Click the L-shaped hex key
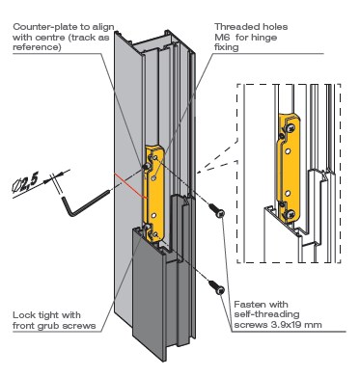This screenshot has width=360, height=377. pos(84,204)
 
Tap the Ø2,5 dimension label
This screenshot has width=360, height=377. pos(25,184)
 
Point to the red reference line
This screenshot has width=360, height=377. pos(130,186)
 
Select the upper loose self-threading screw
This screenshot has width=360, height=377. pos(216,210)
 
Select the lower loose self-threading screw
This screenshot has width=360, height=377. pos(216,286)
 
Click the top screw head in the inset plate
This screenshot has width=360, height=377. pos(291,128)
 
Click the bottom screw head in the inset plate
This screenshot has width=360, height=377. pos(291,214)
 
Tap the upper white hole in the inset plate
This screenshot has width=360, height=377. pos(289,150)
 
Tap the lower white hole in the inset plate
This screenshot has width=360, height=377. pos(289,193)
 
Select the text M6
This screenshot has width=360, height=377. pos(222,38)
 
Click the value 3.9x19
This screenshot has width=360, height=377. pos(287,325)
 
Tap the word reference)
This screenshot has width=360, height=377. pos(37,47)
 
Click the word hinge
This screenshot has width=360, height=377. pos(264,38)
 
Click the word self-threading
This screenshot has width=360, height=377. pos(266,314)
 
